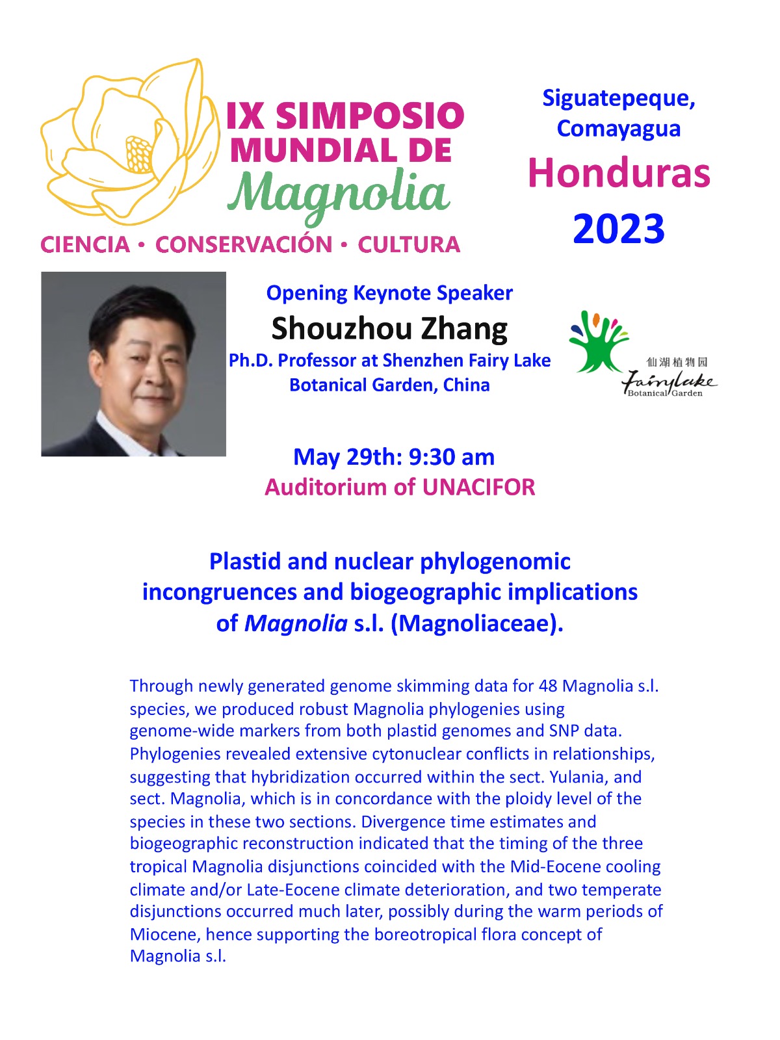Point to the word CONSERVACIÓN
tap(244, 245)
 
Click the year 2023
tap(619, 229)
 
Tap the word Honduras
tap(619, 174)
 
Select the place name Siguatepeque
tap(619, 98)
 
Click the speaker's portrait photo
tap(133, 364)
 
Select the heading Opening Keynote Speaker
tap(389, 293)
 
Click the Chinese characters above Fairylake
tap(677, 362)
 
